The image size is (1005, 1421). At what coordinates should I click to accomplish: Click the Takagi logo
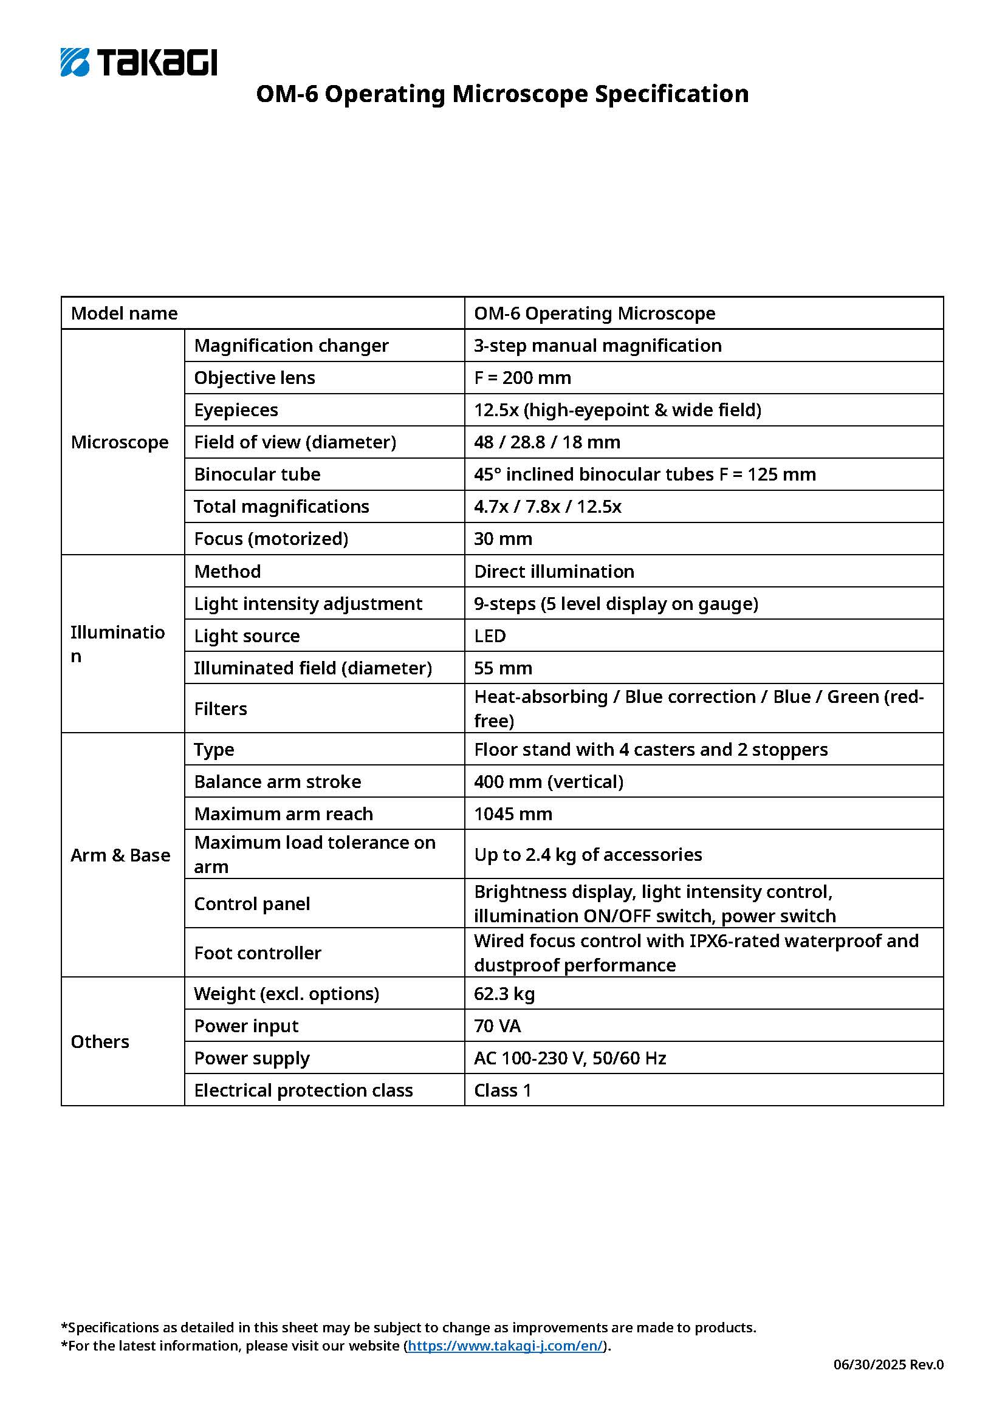click(x=139, y=62)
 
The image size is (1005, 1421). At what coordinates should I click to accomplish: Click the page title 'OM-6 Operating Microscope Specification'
click(x=502, y=94)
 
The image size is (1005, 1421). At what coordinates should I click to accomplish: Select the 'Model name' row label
click(x=125, y=313)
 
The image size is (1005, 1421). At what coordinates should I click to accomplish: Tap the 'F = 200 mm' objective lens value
click(x=523, y=377)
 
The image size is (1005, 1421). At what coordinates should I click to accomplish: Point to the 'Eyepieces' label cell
click(x=236, y=409)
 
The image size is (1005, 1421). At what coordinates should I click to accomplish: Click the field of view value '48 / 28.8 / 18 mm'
click(x=547, y=442)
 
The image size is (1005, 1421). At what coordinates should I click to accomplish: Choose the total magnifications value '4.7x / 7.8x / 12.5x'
click(x=547, y=506)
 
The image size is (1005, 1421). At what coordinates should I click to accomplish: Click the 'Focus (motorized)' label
click(x=271, y=538)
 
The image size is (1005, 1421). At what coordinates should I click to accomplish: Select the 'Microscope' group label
click(x=120, y=442)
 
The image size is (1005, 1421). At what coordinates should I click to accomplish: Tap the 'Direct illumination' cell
click(x=554, y=571)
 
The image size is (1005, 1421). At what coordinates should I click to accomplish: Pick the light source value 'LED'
click(x=490, y=635)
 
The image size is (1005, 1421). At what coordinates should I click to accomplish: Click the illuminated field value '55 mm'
click(x=503, y=668)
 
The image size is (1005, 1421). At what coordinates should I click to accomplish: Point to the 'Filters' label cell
click(x=221, y=708)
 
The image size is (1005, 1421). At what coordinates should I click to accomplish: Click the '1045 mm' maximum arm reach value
click(x=513, y=813)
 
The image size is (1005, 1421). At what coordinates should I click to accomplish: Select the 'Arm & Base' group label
click(x=120, y=855)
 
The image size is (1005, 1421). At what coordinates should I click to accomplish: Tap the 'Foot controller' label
click(x=258, y=953)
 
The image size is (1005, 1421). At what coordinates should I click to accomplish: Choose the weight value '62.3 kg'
click(x=504, y=993)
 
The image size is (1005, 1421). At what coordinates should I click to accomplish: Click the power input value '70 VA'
click(x=498, y=1026)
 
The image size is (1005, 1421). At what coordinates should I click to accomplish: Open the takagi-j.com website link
click(x=505, y=1346)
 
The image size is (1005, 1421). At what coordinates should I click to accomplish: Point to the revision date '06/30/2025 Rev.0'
click(x=888, y=1364)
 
